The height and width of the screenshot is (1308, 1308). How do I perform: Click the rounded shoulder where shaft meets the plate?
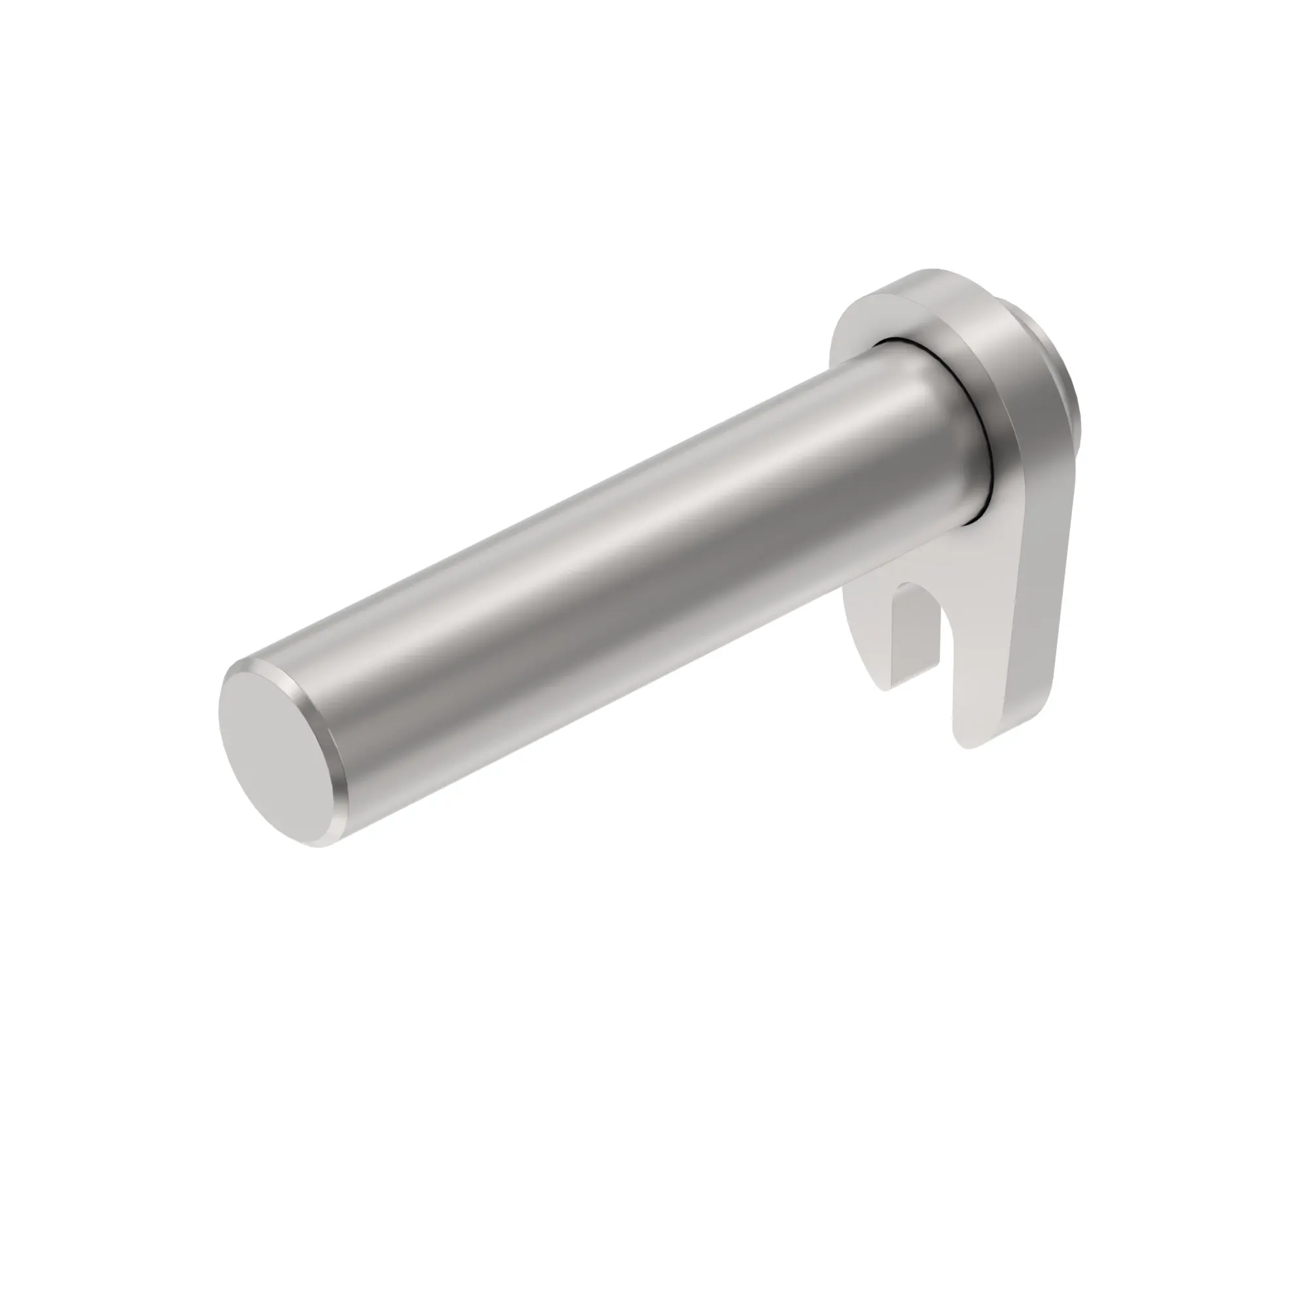[948, 434]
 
